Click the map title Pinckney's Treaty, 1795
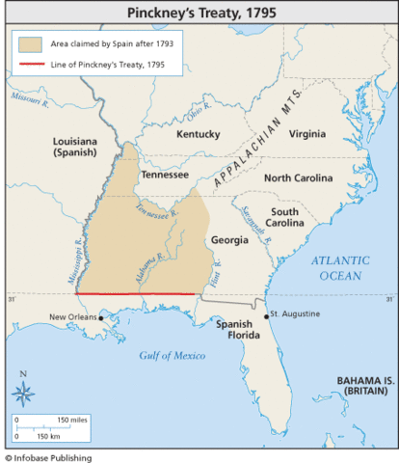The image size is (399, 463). click(199, 14)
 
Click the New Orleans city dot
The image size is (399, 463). click(100, 317)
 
